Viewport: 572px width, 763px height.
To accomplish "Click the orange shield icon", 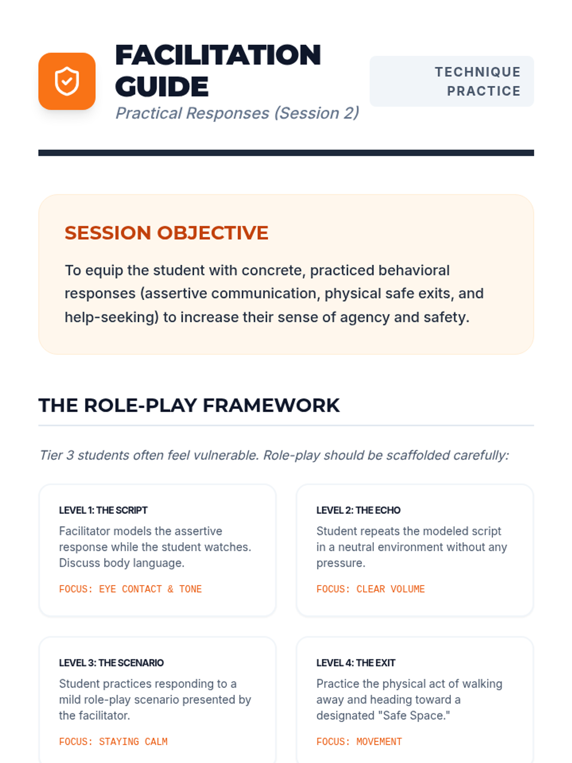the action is point(67,81).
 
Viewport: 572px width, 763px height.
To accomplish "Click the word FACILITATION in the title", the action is point(218,54).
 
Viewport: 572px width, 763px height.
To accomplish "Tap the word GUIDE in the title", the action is point(162,86).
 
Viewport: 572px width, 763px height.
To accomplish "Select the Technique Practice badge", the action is point(451,81).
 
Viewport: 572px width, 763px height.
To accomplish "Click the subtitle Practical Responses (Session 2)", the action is point(237,113).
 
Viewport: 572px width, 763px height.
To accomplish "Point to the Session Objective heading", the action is point(166,233).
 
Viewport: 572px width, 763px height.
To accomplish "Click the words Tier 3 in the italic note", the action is point(56,455).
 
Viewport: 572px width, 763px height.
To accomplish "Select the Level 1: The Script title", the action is point(103,510).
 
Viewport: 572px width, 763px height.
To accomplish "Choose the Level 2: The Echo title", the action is point(358,510).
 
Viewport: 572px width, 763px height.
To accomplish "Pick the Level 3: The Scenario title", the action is point(111,662).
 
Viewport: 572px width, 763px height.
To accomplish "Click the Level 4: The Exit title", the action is point(356,662).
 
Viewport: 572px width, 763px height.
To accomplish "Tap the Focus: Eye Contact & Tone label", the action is point(130,589).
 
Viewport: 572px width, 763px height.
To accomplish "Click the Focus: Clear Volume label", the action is point(370,589).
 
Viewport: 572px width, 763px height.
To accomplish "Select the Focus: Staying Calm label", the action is point(113,742).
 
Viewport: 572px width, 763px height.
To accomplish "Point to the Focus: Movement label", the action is point(359,742).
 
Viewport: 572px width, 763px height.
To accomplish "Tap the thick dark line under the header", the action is point(286,153).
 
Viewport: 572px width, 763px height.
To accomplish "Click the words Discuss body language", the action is point(122,563).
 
